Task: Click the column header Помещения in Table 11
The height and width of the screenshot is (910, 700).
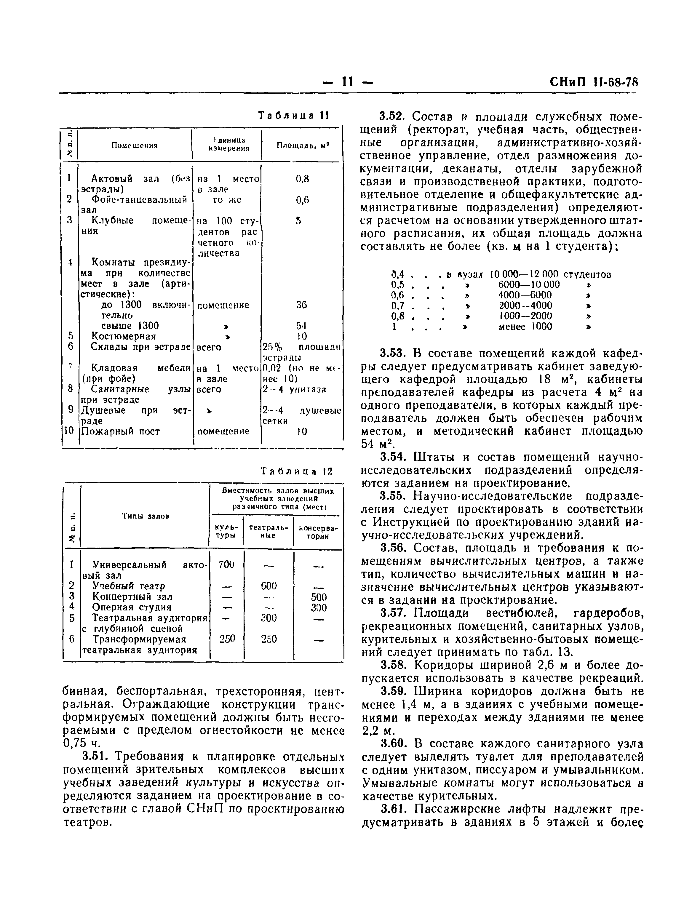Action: (134, 145)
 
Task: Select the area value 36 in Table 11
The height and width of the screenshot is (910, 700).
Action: (302, 305)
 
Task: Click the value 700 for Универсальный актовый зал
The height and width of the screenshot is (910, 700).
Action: (226, 565)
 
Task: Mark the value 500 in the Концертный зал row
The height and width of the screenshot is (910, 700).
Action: (319, 597)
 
